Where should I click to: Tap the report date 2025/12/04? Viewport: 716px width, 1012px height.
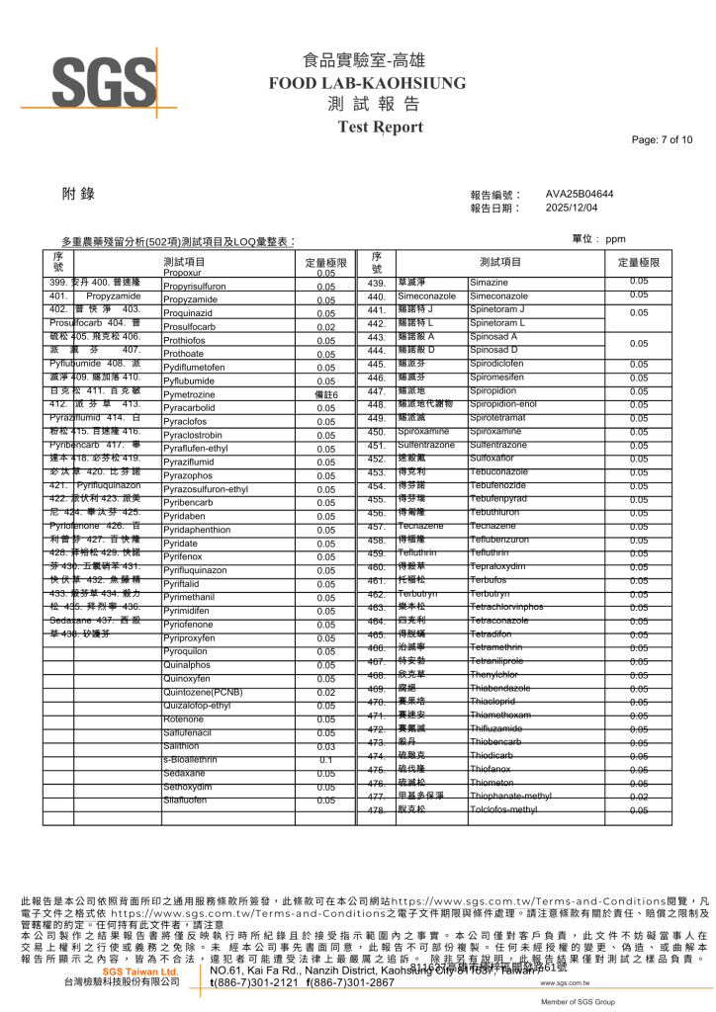pyautogui.click(x=573, y=208)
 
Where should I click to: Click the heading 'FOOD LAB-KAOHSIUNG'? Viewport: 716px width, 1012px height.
pyautogui.click(x=357, y=83)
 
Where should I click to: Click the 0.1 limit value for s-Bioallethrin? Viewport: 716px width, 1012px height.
pyautogui.click(x=325, y=760)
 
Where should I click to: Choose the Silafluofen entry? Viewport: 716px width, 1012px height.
pyautogui.click(x=185, y=801)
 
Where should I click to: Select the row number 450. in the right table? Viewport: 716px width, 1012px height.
pyautogui.click(x=376, y=432)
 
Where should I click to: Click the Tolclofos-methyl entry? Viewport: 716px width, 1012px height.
pyautogui.click(x=503, y=809)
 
